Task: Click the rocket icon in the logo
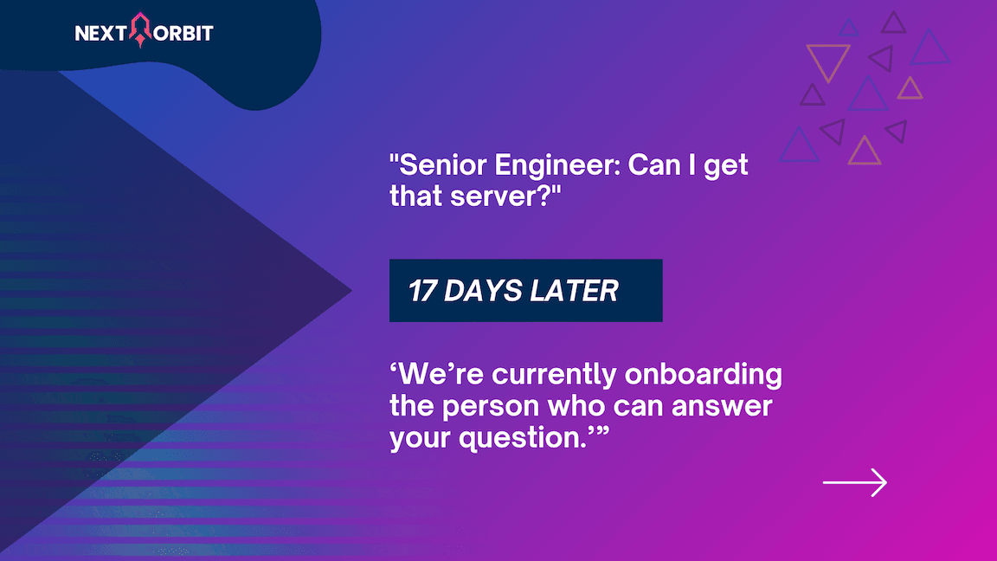point(140,30)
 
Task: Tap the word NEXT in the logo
point(100,33)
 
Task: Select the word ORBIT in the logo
point(183,33)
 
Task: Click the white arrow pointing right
point(854,483)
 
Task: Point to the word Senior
point(442,164)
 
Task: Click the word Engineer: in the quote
point(557,164)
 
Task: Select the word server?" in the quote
point(505,196)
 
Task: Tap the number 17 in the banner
point(421,291)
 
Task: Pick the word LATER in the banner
point(574,291)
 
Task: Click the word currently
point(554,375)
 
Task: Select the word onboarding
point(704,375)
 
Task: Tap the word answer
point(722,407)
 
